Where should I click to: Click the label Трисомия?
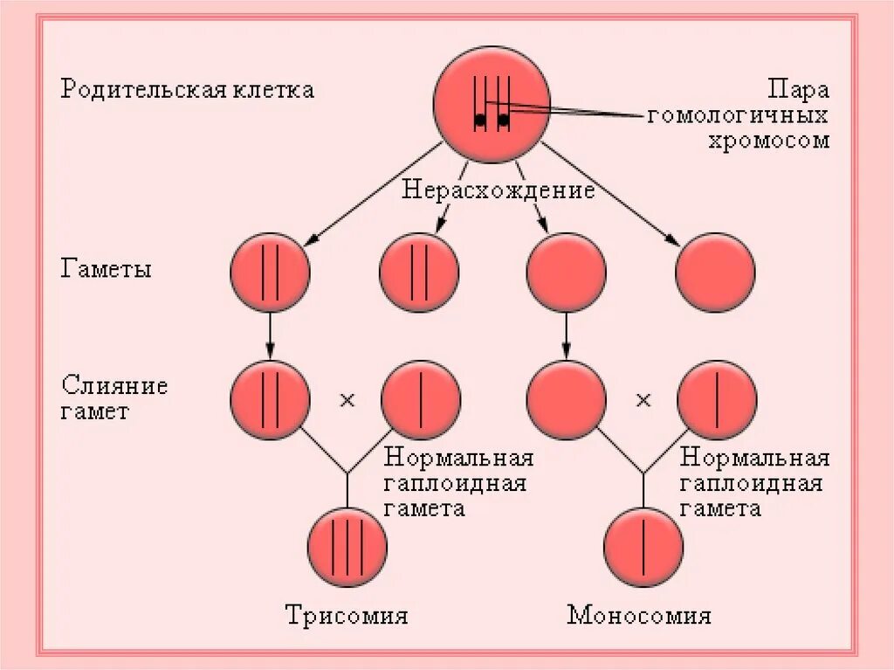[x=347, y=615]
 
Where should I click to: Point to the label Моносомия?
[x=639, y=615]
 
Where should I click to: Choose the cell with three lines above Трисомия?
[x=347, y=547]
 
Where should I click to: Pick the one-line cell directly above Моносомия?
[x=643, y=547]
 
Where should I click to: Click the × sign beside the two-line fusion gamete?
[x=347, y=400]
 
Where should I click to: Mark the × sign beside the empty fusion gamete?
[x=643, y=400]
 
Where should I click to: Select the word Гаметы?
[x=106, y=269]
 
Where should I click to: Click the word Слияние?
[x=114, y=386]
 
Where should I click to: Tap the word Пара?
[x=798, y=90]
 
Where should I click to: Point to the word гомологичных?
[x=738, y=115]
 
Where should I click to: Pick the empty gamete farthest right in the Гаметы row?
[x=716, y=273]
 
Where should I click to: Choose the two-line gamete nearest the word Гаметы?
[x=270, y=273]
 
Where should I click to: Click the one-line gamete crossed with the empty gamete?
[x=717, y=400]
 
